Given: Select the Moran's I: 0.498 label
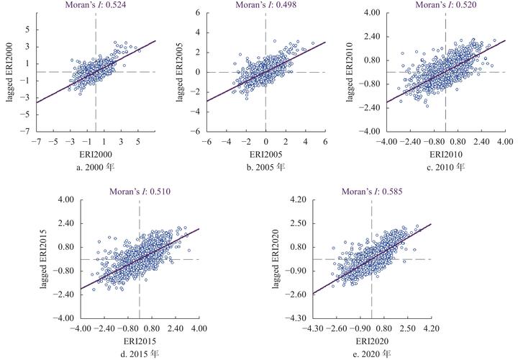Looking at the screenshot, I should click(265, 6).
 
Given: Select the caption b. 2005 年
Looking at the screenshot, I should click(265, 167).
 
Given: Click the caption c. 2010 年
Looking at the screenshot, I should click(445, 167).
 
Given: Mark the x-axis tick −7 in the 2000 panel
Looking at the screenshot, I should click(34, 141).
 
